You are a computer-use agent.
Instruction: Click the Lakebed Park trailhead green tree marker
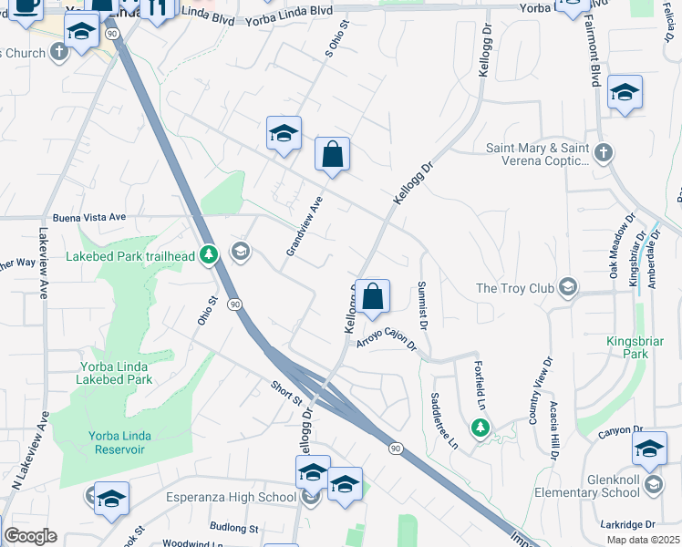pyautogui.click(x=209, y=254)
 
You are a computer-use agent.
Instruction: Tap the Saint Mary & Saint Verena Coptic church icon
pyautogui.click(x=602, y=153)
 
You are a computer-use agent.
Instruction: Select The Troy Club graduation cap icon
pyautogui.click(x=568, y=288)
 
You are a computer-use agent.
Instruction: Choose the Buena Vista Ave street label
pyautogui.click(x=88, y=218)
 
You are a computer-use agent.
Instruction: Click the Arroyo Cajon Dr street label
pyautogui.click(x=387, y=340)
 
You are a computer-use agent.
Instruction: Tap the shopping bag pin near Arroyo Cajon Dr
pyautogui.click(x=373, y=297)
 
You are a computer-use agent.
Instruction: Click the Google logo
pyautogui.click(x=30, y=536)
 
